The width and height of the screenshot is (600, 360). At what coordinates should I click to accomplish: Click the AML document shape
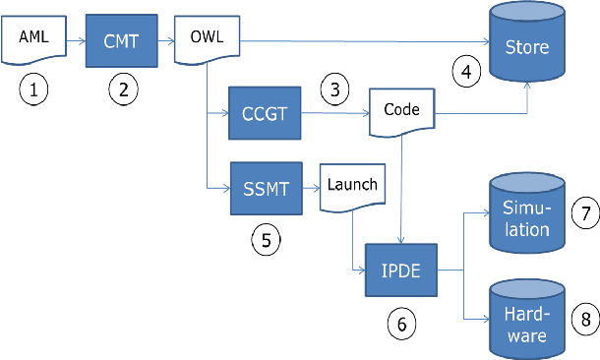pos(33,41)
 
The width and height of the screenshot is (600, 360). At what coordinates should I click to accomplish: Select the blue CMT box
pos(122,41)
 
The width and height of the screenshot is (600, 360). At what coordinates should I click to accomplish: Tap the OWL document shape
pos(208,41)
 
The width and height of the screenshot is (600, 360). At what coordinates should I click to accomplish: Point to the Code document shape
pos(402,111)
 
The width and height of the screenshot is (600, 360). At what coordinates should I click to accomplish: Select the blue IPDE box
pos(402,268)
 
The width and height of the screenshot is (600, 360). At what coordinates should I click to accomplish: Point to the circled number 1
pos(34,91)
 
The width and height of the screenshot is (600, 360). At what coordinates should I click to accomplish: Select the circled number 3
pos(334,90)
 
